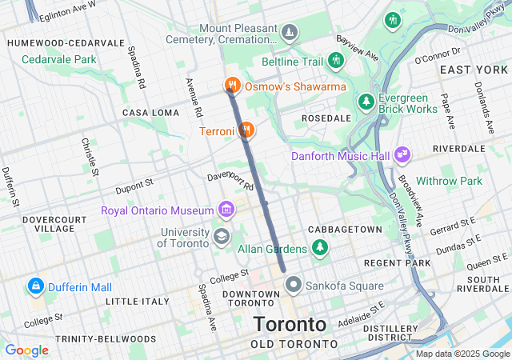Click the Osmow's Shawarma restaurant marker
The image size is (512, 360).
click(231, 84)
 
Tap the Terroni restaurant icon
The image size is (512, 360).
click(246, 128)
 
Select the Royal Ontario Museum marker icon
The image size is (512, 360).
click(226, 210)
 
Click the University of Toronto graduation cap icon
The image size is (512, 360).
click(220, 236)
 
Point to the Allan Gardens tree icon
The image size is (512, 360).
click(320, 247)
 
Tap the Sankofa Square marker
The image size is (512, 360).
click(294, 284)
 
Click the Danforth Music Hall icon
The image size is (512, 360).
click(402, 154)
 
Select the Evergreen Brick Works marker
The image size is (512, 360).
click(366, 102)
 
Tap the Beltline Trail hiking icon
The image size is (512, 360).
click(337, 60)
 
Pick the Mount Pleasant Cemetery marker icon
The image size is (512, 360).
click(290, 33)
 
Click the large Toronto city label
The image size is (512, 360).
click(290, 324)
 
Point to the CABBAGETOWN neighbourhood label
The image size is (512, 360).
click(345, 230)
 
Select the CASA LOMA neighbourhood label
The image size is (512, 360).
click(150, 113)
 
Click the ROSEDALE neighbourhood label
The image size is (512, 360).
click(326, 118)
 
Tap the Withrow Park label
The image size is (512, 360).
click(450, 181)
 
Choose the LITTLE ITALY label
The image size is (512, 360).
click(138, 302)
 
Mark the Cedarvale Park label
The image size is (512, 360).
click(58, 59)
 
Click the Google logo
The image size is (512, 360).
click(26, 350)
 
